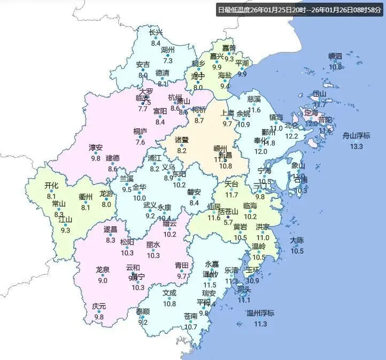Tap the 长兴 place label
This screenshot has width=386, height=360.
(x=156, y=33)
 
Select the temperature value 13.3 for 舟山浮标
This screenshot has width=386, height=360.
(x=356, y=146)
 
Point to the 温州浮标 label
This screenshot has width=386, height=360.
(x=260, y=313)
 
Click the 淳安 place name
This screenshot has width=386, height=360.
(x=96, y=147)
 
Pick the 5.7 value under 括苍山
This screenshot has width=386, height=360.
(x=228, y=223)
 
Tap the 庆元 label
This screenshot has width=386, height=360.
(x=99, y=307)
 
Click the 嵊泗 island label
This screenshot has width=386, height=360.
(x=335, y=56)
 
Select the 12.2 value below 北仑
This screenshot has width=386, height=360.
(x=291, y=136)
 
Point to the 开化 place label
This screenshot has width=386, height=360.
(x=51, y=186)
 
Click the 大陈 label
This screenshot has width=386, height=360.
(x=297, y=241)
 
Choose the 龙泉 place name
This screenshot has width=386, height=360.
(x=102, y=270)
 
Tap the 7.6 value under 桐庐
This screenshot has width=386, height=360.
(x=141, y=142)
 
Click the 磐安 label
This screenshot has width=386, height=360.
(x=194, y=192)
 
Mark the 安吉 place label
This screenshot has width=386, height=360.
(x=143, y=65)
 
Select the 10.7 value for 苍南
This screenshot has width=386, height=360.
(x=191, y=327)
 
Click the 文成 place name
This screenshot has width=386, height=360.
(x=169, y=293)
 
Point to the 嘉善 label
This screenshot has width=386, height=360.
(x=229, y=48)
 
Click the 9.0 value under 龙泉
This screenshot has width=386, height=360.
(x=102, y=280)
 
